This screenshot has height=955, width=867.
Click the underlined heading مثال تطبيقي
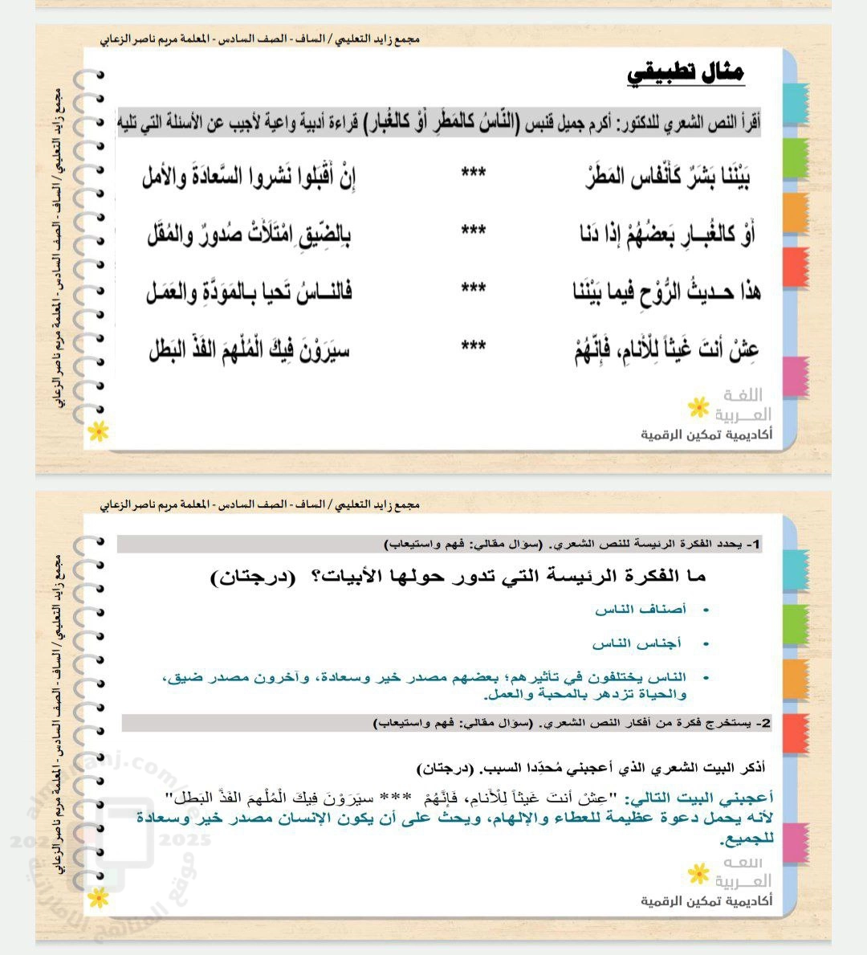click(686, 74)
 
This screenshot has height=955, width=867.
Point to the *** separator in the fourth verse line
click(473, 346)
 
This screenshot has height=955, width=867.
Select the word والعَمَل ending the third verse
click(176, 292)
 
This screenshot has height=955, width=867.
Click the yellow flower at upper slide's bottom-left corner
click(98, 431)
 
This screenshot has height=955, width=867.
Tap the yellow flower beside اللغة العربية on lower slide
click(698, 872)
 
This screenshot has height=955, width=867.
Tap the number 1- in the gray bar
click(752, 545)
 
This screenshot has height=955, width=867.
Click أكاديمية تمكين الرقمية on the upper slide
click(706, 435)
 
